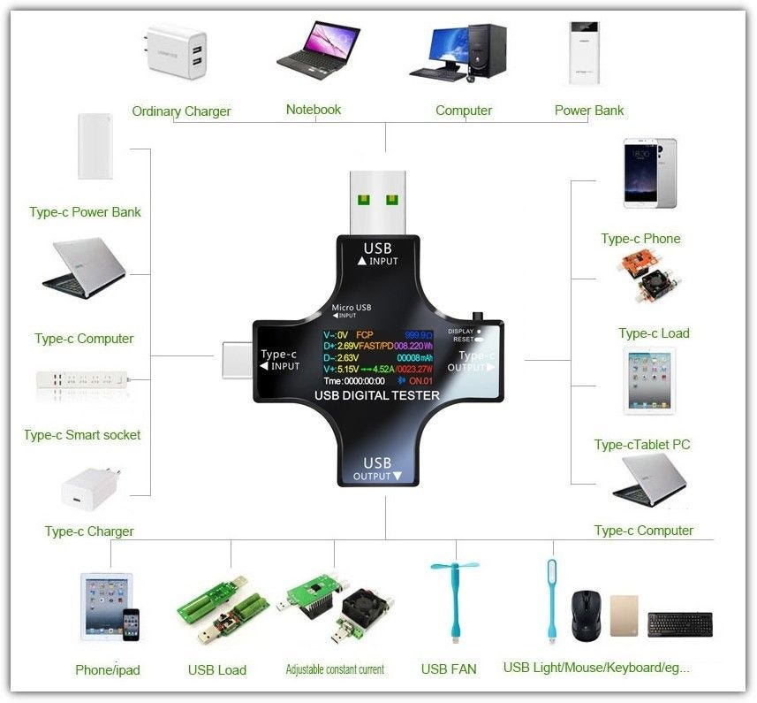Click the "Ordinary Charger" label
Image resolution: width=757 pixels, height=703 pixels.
[181, 111]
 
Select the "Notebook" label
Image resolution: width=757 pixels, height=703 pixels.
[313, 110]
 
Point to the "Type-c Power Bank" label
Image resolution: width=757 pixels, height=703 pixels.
[85, 212]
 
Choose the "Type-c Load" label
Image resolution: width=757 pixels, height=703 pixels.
[654, 333]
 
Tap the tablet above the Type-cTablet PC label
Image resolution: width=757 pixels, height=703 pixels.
[649, 380]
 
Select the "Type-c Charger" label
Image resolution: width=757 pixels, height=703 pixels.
[89, 531]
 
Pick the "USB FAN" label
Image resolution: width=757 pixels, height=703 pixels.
[449, 669]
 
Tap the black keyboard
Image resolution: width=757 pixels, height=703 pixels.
[679, 623]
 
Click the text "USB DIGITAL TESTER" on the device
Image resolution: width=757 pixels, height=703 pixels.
[375, 394]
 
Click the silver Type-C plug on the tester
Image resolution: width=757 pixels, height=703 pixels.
[236, 361]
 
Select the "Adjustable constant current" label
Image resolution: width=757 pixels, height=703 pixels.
[335, 669]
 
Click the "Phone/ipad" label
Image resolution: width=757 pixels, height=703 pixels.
[108, 669]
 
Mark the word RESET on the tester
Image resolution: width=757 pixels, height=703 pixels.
[463, 339]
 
